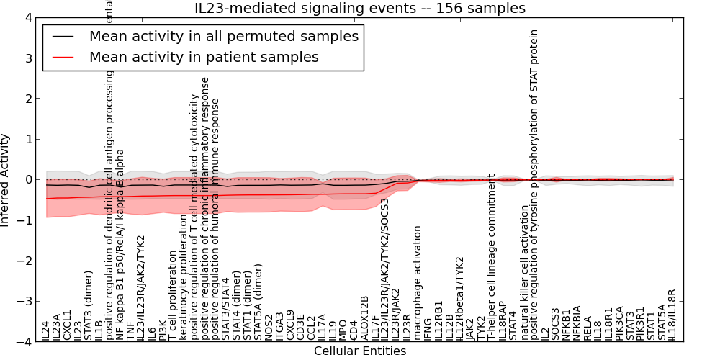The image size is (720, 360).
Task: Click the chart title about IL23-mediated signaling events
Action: [360, 9]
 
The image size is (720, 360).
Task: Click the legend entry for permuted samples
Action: [223, 36]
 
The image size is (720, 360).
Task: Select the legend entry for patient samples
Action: [204, 57]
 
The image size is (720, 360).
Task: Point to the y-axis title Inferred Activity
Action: [6, 180]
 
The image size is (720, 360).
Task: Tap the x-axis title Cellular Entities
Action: [360, 351]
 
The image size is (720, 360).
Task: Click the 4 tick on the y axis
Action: [28, 17]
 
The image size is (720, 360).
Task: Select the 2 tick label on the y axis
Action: [28, 99]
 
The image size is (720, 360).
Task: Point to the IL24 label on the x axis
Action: [45, 330]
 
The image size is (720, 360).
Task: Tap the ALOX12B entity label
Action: [364, 318]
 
